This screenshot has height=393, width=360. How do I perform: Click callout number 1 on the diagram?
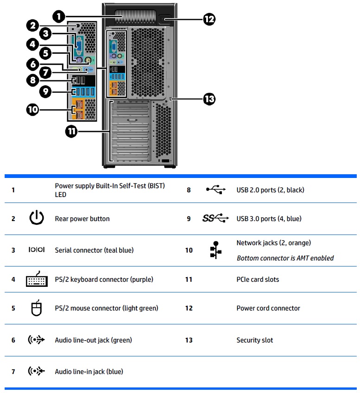58,17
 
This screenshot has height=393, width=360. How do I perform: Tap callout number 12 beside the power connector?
209,19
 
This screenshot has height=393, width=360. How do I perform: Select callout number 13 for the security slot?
209,99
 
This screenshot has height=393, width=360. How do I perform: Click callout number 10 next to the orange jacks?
32,110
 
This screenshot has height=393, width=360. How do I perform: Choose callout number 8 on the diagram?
32,80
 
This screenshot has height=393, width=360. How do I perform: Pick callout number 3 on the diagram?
45,33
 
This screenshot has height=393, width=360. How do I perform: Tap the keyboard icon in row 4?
37,279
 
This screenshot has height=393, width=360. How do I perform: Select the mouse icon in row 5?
36,308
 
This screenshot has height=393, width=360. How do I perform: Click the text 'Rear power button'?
82,219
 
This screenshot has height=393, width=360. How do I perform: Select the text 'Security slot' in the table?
254,340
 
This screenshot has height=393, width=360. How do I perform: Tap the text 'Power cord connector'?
268,308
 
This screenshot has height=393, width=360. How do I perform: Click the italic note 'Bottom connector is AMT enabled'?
285,258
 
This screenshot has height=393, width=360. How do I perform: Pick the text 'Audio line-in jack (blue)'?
89,372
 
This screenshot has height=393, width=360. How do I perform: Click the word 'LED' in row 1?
61,195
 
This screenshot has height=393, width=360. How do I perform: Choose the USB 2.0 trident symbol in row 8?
216,190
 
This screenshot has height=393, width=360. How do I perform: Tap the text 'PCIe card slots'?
258,279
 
